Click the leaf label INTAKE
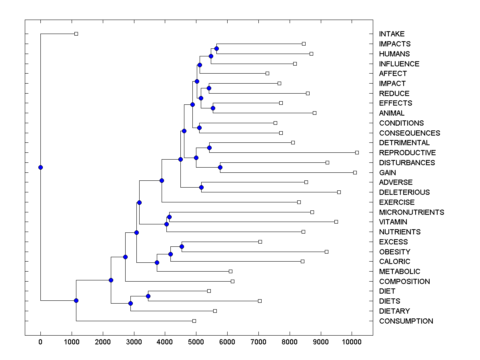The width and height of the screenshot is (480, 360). pyautogui.click(x=392, y=34)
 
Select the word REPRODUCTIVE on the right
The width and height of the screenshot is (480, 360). pyautogui.click(x=407, y=153)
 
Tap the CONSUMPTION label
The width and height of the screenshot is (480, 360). pyautogui.click(x=406, y=321)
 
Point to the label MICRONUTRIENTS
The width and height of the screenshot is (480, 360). pyautogui.click(x=412, y=212)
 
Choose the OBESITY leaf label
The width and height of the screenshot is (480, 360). pyautogui.click(x=394, y=252)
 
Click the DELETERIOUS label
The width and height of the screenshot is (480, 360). pyautogui.click(x=404, y=192)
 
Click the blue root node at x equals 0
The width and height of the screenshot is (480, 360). pyautogui.click(x=40, y=167)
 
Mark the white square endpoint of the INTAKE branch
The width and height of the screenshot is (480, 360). pyautogui.click(x=76, y=34)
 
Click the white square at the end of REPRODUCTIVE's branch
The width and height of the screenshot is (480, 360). pyautogui.click(x=357, y=152)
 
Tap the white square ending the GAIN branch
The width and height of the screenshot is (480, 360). pyautogui.click(x=355, y=172)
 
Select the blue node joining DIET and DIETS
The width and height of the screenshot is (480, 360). pyautogui.click(x=148, y=296)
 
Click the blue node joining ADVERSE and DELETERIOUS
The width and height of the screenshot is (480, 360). pyautogui.click(x=202, y=187)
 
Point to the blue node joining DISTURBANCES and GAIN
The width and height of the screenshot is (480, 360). pyautogui.click(x=220, y=168)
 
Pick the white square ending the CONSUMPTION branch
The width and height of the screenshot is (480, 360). pyautogui.click(x=194, y=321)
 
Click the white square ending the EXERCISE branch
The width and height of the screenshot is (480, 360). pyautogui.click(x=299, y=202)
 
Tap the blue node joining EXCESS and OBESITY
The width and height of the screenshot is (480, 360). pyautogui.click(x=182, y=246)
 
